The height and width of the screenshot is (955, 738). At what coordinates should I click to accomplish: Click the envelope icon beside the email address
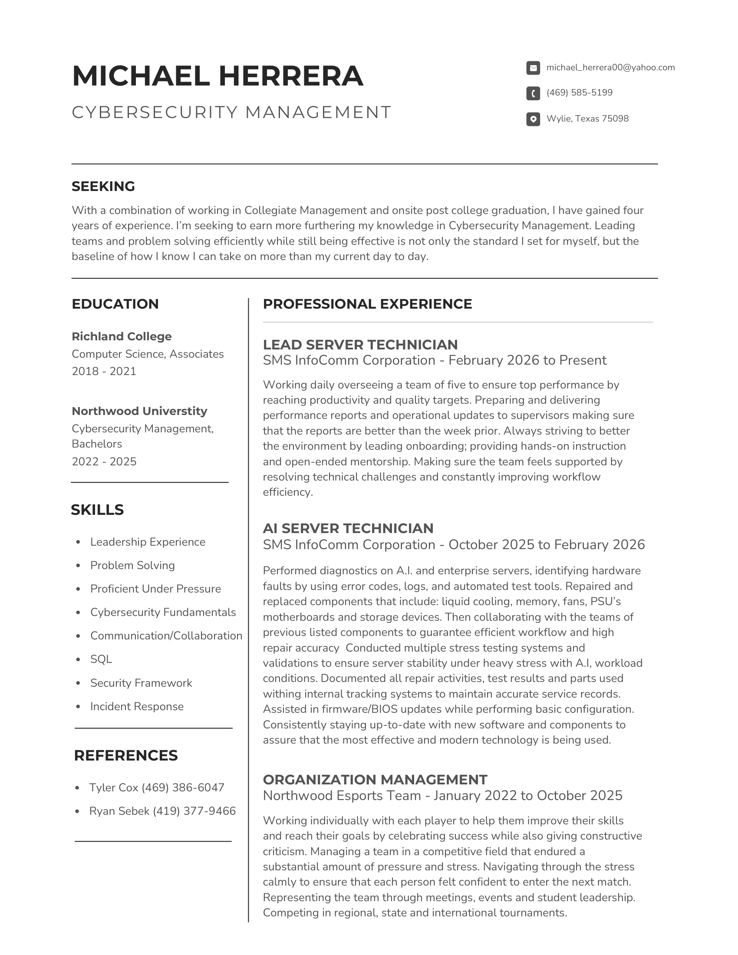533,68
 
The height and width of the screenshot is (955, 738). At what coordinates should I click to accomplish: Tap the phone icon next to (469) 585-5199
533,93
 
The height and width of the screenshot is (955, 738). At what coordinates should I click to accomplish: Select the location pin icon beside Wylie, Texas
533,119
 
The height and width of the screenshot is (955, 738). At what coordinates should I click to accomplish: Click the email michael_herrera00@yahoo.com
610,67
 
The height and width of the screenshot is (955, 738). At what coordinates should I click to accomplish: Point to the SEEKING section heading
103,186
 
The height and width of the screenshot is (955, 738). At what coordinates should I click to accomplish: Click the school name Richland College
122,336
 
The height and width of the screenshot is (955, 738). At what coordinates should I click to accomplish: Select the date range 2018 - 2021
104,371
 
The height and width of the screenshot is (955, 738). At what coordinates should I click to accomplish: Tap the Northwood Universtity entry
139,411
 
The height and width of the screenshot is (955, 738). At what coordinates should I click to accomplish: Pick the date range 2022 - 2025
104,461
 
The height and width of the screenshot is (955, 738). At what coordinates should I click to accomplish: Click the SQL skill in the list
101,659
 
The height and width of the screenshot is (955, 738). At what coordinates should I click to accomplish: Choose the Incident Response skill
137,706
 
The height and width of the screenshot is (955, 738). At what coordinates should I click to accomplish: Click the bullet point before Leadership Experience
78,542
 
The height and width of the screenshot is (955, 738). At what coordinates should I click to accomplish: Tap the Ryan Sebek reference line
162,811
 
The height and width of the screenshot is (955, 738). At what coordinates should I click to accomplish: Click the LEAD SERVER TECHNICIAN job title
360,345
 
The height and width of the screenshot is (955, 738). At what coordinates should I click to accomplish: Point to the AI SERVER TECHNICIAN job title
348,528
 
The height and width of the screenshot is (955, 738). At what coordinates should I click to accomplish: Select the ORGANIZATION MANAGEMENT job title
375,779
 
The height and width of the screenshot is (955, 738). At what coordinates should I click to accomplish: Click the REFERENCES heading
126,756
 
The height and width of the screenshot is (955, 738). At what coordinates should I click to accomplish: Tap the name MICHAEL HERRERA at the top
218,76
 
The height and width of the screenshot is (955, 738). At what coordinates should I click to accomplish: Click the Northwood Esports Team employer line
442,795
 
